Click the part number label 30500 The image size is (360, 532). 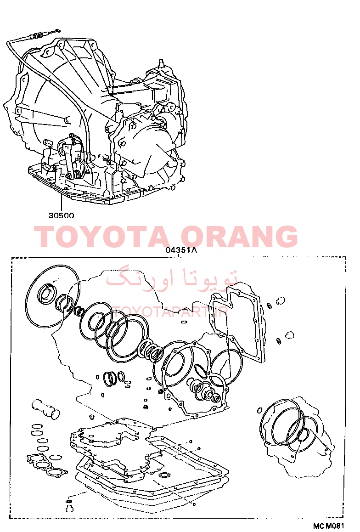pos(61,215)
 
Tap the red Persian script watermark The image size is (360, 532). pos(172,277)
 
